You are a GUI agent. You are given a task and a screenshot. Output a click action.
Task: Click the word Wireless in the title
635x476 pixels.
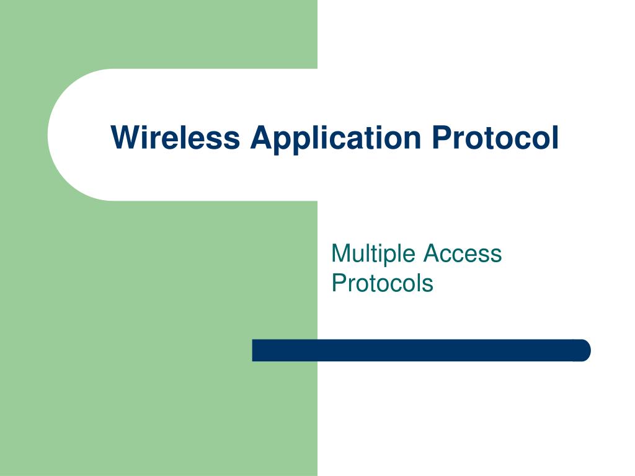tap(175, 137)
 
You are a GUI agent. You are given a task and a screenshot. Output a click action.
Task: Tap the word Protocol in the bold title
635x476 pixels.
tap(495, 137)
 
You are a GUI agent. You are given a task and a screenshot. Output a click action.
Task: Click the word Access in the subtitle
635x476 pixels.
tap(463, 253)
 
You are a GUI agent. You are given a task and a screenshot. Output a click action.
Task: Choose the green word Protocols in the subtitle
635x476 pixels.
tap(382, 283)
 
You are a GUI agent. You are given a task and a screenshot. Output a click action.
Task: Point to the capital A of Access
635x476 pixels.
tap(432, 253)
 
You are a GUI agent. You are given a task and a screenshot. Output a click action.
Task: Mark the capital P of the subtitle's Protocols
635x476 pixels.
tap(338, 283)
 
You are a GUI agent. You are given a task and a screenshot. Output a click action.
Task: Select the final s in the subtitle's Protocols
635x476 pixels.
tap(428, 284)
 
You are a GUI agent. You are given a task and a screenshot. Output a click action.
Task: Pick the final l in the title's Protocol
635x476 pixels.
tap(554, 137)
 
